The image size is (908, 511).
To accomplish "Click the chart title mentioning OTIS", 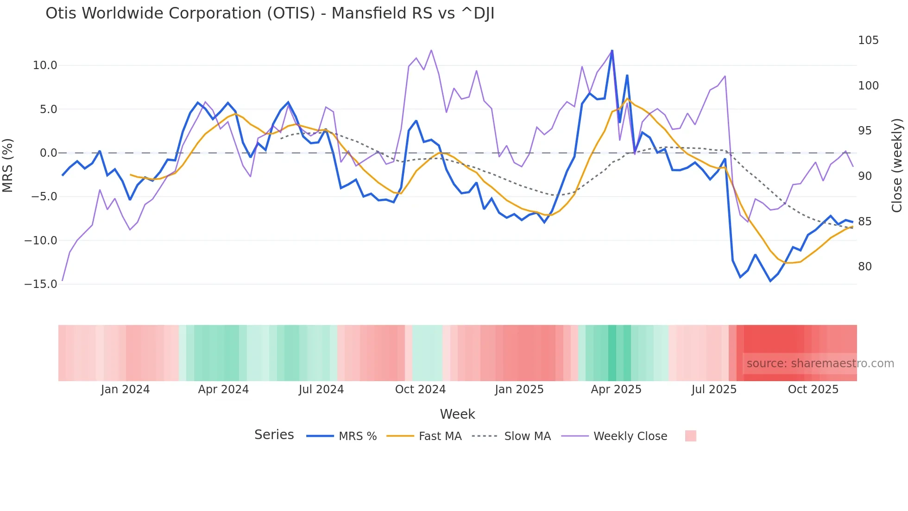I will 270,13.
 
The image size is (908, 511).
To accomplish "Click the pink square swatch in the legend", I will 690,436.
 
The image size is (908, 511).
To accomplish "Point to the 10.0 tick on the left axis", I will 45,65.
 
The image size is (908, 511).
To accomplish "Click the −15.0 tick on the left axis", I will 41,284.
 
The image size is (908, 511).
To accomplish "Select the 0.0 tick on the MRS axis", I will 48,153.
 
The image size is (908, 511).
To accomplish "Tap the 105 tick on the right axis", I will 868,40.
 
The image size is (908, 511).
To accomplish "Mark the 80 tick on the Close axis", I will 864,267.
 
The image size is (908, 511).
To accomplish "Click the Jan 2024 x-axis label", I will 125,390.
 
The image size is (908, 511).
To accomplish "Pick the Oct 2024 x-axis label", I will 420,390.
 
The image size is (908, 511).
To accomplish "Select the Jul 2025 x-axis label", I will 714,390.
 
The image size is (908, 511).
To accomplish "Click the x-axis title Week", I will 457,414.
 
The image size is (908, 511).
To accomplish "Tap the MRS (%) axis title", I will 8,165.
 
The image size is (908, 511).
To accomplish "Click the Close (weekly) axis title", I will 897,165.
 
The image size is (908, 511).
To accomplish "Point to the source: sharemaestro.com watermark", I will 820,364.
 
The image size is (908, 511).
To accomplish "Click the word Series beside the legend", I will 274,435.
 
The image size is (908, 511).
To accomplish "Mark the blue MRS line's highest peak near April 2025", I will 612,51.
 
